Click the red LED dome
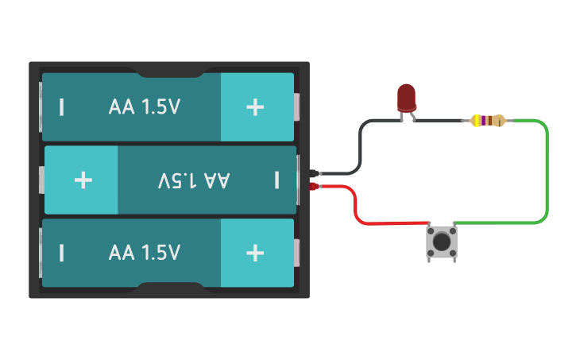406,97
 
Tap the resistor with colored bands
487,121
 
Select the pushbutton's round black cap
442,240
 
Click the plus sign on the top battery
255,107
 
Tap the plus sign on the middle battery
83,180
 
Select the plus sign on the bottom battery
255,253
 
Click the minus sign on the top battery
61,107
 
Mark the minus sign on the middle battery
276,180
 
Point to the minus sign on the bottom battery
61,253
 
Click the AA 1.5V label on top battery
145,107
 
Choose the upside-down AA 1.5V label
194,180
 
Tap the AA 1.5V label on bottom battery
145,253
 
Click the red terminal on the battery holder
315,188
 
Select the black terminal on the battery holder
315,172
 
